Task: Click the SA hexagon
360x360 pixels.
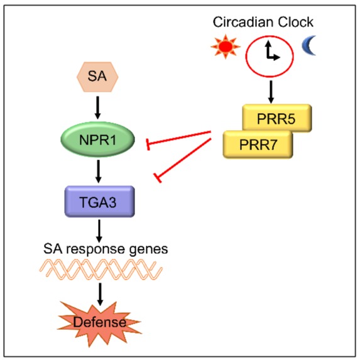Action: (97, 77)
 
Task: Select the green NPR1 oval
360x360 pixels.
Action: (97, 139)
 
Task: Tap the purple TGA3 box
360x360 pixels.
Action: (100, 201)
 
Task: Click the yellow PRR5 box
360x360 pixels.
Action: (277, 117)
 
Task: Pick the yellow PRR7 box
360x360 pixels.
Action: (258, 145)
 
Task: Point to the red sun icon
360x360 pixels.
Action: (226, 46)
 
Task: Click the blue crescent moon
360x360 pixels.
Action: (309, 45)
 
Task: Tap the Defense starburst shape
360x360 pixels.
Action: (99, 322)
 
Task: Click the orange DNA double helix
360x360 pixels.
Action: (101, 269)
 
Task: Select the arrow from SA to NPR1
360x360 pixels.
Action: (98, 107)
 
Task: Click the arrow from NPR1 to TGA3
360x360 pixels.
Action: (99, 172)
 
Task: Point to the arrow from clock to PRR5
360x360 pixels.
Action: (271, 92)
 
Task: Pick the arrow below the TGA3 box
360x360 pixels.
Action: (99, 231)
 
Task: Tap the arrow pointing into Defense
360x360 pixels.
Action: (100, 294)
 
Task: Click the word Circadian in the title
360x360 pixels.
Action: (243, 22)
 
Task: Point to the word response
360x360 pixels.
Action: (96, 249)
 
